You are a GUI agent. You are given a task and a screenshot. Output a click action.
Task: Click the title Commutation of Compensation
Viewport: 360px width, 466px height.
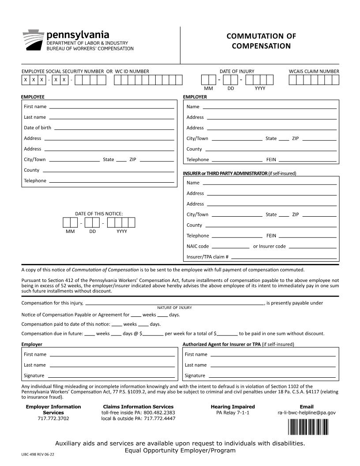click(x=261, y=41)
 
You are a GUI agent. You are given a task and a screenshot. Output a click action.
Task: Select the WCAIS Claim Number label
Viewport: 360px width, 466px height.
click(x=314, y=71)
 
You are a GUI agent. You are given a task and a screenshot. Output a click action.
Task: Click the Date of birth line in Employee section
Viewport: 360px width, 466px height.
click(x=114, y=128)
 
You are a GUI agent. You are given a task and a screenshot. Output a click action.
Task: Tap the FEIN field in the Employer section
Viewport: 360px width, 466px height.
click(x=307, y=160)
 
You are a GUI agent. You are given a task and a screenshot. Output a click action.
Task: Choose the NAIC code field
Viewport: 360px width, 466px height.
click(x=230, y=246)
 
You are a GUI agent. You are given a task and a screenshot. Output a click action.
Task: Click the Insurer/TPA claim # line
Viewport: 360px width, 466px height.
click(x=284, y=257)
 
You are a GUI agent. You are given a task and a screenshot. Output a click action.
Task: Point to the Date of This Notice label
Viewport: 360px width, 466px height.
click(x=99, y=214)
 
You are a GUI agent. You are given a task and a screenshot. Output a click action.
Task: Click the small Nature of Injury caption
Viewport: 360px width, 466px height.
click(x=174, y=308)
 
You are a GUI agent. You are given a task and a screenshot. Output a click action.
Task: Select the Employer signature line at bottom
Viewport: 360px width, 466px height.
click(x=111, y=376)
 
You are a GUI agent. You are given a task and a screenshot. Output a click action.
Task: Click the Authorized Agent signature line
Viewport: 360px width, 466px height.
click(x=272, y=376)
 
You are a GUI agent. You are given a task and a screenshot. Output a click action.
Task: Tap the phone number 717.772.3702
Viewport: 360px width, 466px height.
click(x=53, y=418)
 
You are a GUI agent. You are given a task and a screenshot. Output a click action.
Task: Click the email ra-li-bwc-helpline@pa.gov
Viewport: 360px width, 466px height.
click(x=307, y=413)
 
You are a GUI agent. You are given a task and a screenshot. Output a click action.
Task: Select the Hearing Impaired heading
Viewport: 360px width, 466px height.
click(x=232, y=406)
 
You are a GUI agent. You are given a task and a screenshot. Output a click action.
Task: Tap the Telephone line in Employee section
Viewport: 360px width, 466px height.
click(x=111, y=180)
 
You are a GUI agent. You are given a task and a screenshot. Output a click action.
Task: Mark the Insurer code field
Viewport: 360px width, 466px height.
click(x=312, y=246)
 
